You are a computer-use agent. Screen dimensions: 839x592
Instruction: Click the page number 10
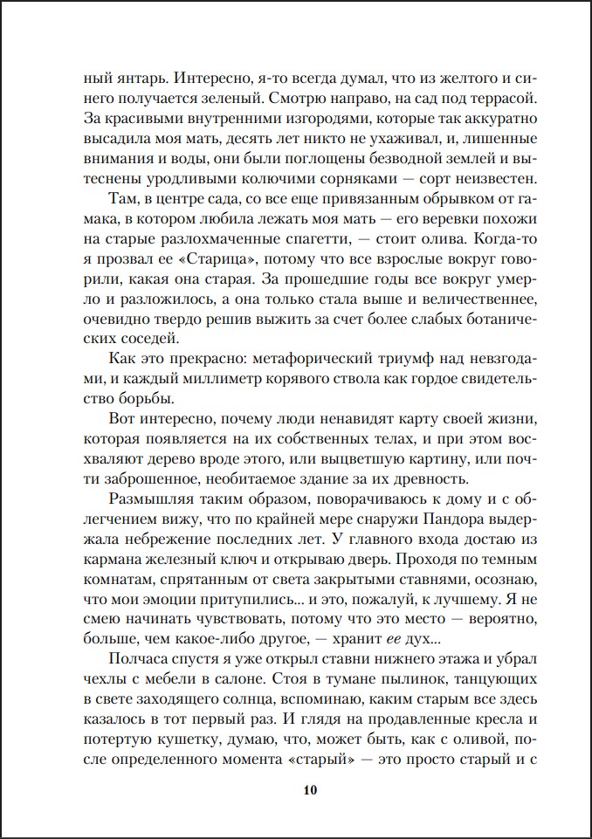310,791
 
